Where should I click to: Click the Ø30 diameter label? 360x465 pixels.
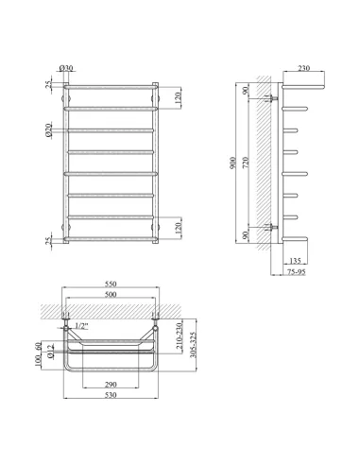66,68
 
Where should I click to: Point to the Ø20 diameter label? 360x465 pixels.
48,129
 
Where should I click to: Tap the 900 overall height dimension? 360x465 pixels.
232,163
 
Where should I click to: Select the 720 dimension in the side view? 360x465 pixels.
246,163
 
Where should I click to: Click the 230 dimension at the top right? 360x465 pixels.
303,68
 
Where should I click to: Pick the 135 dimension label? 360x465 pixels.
295,261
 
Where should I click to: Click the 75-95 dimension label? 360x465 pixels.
297,271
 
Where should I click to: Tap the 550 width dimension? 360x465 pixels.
111,284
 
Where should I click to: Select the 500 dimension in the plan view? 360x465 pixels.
111,294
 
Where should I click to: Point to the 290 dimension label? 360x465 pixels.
111,385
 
